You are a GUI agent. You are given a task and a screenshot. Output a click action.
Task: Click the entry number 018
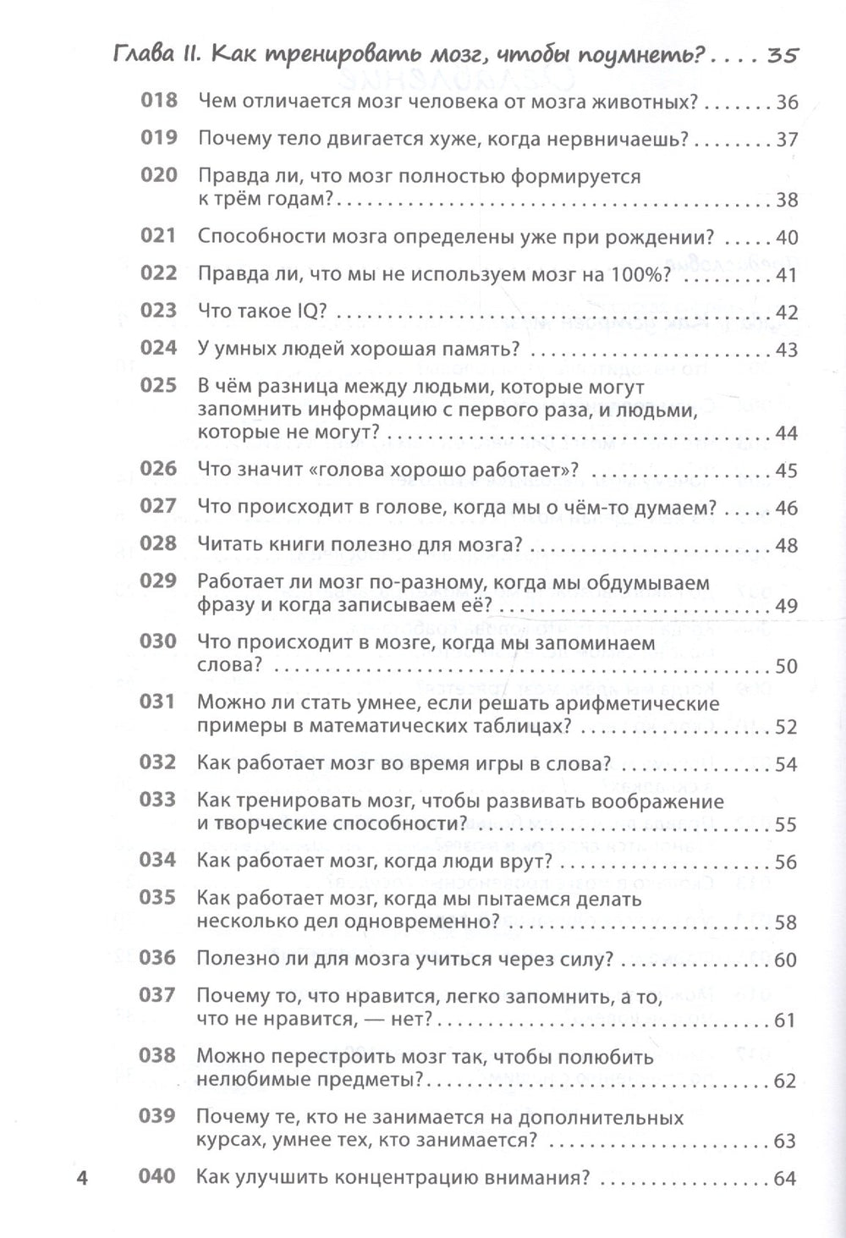pos(158,101)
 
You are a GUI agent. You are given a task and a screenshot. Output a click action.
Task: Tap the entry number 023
pos(158,311)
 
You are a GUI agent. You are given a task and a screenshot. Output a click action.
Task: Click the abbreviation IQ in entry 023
pos(301,311)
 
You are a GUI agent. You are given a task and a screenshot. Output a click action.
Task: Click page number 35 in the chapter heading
pos(782,56)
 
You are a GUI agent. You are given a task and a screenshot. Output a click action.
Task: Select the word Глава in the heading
pos(143,56)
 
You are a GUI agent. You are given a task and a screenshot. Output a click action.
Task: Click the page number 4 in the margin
pos(82,1178)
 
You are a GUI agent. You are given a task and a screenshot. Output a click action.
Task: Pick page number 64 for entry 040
pos(785,1178)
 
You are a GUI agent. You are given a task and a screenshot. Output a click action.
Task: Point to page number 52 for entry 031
pos(786,727)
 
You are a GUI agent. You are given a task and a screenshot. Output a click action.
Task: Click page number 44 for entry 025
pos(786,434)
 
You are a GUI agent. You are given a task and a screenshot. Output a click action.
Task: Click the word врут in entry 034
pos(521,861)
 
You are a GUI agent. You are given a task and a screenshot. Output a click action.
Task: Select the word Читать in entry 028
pos(229,545)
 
